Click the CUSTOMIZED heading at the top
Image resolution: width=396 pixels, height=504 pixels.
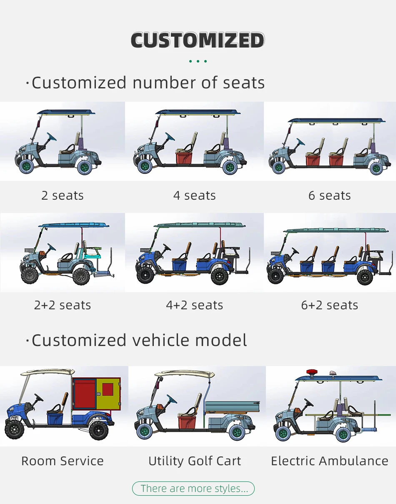click(x=198, y=40)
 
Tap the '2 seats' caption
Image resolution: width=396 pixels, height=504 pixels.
click(x=63, y=196)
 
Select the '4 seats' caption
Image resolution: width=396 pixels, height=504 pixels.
click(x=195, y=196)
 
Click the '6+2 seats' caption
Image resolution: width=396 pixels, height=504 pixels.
click(x=329, y=305)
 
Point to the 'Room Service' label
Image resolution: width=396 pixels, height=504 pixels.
click(x=63, y=461)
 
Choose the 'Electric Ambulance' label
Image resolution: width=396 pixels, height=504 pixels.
click(x=329, y=461)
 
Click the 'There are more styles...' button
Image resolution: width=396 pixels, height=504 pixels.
click(x=193, y=488)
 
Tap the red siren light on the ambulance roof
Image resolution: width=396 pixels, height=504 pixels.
click(x=311, y=372)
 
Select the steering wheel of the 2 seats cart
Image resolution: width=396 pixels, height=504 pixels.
click(x=52, y=137)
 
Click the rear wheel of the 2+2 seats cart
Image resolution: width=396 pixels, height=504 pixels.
click(x=81, y=276)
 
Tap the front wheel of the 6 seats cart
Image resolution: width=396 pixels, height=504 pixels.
click(x=278, y=168)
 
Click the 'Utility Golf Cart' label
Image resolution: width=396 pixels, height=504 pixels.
click(x=195, y=461)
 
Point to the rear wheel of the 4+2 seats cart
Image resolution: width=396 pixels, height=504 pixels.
click(x=219, y=276)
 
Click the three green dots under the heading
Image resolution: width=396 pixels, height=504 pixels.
click(x=198, y=61)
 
